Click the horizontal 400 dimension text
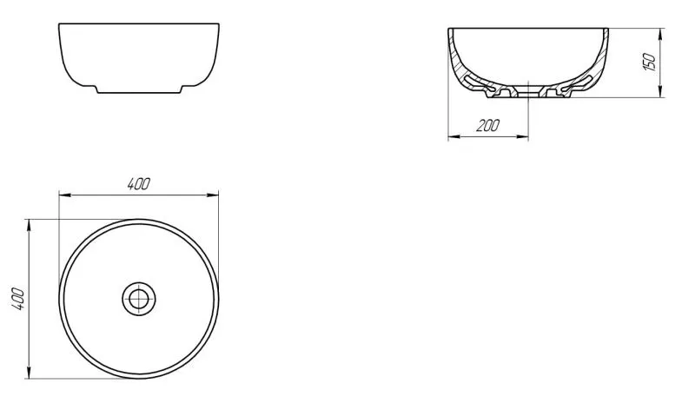(138, 183)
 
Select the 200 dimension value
(488, 125)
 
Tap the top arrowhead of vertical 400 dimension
(30, 223)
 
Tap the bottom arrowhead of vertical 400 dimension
(30, 374)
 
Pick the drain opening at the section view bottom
(527, 91)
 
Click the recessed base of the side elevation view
(138, 90)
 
